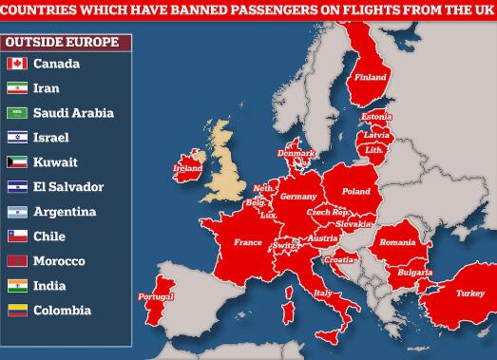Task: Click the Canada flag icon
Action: click(x=16, y=64)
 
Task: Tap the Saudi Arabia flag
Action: click(x=16, y=113)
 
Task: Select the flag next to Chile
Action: click(x=16, y=237)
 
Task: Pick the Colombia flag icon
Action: click(x=16, y=311)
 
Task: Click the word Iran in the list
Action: click(x=46, y=88)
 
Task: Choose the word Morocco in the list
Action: click(x=58, y=261)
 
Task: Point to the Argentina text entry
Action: click(x=63, y=212)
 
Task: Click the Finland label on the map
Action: click(x=371, y=77)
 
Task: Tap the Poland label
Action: click(x=356, y=191)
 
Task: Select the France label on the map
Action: click(x=247, y=242)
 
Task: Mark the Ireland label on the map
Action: click(x=188, y=168)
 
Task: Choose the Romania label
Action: click(x=397, y=242)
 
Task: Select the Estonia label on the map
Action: click(x=376, y=117)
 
